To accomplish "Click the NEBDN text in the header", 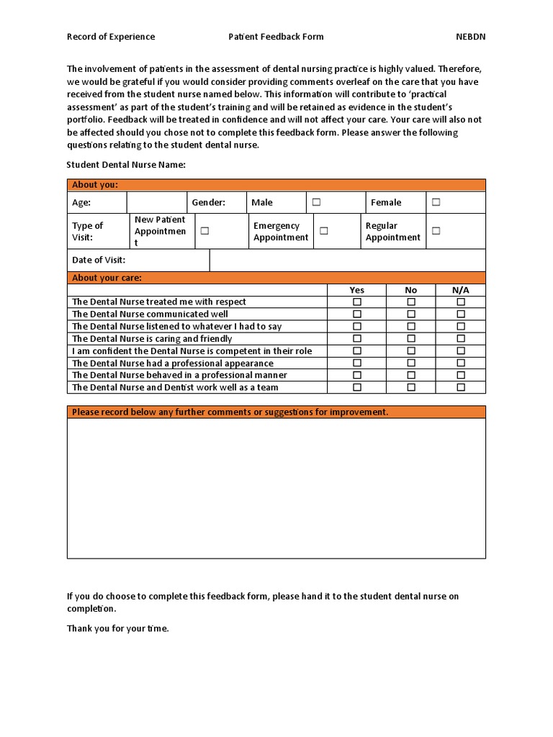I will coord(471,37).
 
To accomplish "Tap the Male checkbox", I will coord(316,202).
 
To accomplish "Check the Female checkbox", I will coord(436,202).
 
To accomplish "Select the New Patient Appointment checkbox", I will coord(204,231).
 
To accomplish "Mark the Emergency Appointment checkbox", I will coord(324,231).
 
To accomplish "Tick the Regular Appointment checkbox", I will coord(436,231).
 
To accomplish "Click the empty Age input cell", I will coord(156,202).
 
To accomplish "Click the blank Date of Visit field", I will coord(347,260).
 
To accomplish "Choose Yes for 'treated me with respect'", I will coord(356,302).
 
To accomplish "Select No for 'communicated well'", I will coord(411,315).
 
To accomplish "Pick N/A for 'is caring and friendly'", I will coord(461,339).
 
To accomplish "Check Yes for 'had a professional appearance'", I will coord(356,363).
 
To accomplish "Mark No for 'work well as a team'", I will coord(411,387).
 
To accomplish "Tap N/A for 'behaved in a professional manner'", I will coord(461,375).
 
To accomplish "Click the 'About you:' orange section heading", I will coord(95,185).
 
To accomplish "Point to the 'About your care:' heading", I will coord(107,278).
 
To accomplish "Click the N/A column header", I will coord(461,290).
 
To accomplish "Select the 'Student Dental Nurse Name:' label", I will coord(126,165).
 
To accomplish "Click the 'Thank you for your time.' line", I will coord(117,628).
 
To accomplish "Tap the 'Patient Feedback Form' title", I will coord(276,37).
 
